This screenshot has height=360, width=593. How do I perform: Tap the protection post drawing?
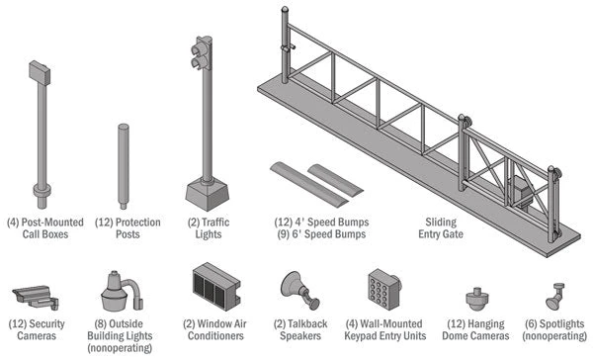[124, 164]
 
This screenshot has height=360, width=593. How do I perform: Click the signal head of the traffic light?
[203, 54]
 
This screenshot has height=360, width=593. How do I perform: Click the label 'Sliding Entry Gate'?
[440, 229]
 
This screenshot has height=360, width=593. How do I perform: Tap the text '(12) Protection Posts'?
[125, 229]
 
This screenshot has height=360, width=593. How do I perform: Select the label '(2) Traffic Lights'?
[208, 229]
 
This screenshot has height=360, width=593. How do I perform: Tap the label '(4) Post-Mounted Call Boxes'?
[43, 229]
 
